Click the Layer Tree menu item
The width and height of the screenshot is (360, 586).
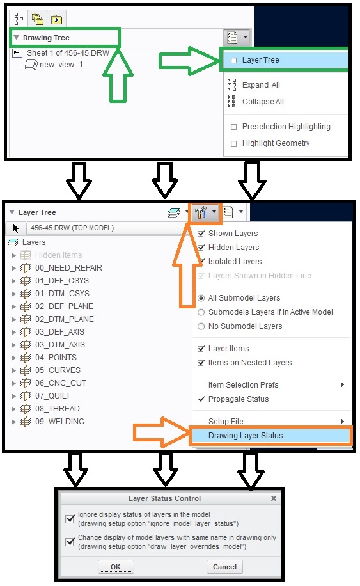(260, 59)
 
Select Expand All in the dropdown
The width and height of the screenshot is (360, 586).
(261, 85)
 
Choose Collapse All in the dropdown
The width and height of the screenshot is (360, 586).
(263, 101)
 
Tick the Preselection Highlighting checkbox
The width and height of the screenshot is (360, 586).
(234, 127)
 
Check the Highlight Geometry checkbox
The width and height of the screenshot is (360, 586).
(234, 143)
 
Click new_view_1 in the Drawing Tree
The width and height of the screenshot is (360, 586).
(61, 64)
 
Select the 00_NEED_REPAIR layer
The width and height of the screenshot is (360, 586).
(68, 267)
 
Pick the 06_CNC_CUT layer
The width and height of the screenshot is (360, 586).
(61, 383)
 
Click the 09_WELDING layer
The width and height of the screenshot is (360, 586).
(59, 421)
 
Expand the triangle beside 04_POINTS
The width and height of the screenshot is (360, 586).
(13, 358)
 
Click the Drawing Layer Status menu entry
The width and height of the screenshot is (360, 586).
(248, 436)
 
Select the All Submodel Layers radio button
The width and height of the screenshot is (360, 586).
(201, 298)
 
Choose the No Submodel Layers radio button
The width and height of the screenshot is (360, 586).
(201, 326)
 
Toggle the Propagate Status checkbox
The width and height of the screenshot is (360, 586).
(201, 399)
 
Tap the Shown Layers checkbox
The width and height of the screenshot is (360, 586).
(201, 234)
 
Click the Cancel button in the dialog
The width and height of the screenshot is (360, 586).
(224, 567)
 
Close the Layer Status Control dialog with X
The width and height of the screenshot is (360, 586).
(274, 498)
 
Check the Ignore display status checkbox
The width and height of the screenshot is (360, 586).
(70, 519)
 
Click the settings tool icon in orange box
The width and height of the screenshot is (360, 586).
(201, 212)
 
